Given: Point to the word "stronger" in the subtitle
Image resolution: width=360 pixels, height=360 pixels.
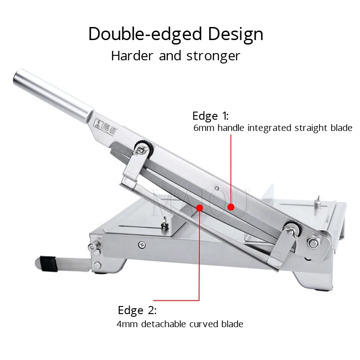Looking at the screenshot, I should (214, 56).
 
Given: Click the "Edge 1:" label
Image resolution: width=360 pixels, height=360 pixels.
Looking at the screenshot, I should (210, 116).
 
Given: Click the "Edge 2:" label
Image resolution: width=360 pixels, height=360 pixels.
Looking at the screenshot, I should (137, 310).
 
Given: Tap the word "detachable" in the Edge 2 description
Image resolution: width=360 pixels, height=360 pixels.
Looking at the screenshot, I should (166, 324).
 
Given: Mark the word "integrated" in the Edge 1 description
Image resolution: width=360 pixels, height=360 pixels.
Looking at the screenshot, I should (266, 128).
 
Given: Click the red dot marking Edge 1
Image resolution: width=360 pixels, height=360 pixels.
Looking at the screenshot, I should (231, 207).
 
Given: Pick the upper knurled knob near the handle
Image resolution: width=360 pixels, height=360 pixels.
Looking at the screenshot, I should (144, 147).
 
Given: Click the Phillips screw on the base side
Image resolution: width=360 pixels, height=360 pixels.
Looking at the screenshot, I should (142, 244).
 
